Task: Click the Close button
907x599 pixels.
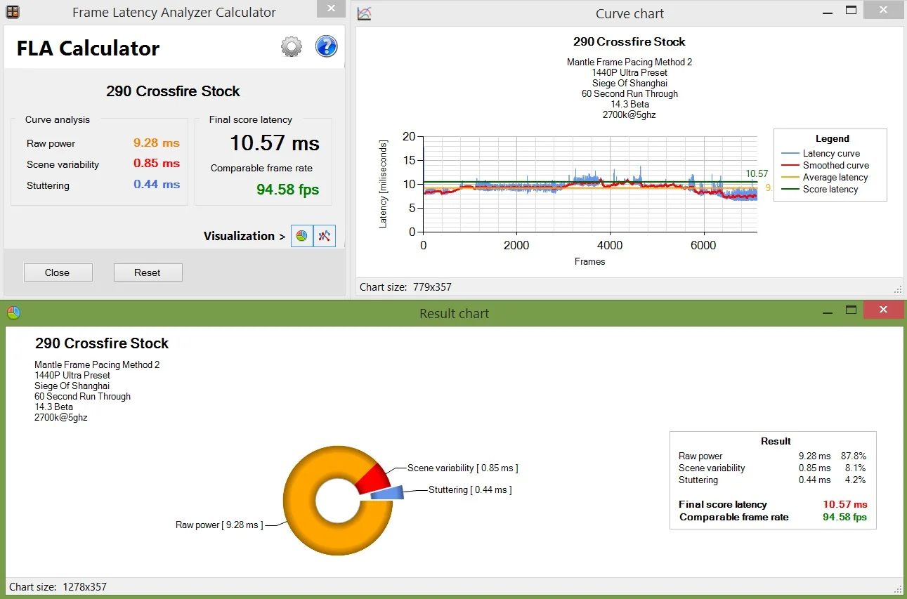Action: coord(58,272)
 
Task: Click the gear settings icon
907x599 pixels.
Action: coord(292,46)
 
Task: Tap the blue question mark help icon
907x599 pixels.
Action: coord(326,46)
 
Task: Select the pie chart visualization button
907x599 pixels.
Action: coord(301,236)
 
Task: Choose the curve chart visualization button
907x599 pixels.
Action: coord(325,236)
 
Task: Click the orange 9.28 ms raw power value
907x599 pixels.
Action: coord(156,143)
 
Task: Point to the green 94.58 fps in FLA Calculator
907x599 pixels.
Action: coord(287,190)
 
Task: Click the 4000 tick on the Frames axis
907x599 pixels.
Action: coord(610,245)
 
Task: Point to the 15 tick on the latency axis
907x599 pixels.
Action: coord(409,160)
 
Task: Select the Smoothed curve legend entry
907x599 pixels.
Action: coord(826,165)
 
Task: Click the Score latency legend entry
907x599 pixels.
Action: coord(820,189)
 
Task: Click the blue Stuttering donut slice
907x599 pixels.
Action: coord(388,492)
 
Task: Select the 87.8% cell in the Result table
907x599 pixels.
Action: coord(854,456)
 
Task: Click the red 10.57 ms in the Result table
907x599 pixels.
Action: coord(845,504)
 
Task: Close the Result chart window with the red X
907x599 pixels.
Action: coord(884,310)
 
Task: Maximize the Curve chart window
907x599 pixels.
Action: coord(851,11)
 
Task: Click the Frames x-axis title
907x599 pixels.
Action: coord(589,261)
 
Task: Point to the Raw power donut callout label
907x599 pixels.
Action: coord(219,525)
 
